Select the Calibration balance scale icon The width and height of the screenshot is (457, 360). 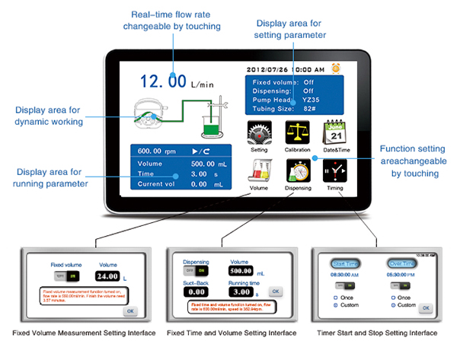point(298,133)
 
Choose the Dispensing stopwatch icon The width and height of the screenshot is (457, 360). point(298,171)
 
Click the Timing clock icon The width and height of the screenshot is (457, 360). point(335,171)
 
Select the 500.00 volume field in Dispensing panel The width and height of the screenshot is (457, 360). point(241,270)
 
